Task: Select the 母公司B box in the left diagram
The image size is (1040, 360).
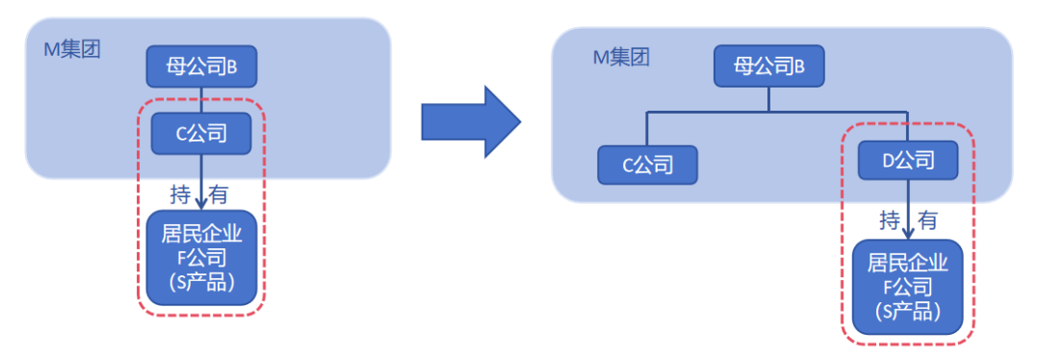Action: click(200, 66)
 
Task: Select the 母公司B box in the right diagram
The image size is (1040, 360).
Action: click(767, 67)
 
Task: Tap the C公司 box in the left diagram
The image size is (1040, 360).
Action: click(201, 133)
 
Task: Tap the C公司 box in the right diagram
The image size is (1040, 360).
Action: click(647, 165)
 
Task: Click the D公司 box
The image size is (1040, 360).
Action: click(908, 159)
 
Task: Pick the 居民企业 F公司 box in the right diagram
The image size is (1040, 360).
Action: click(908, 287)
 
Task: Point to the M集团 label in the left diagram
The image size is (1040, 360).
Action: click(72, 49)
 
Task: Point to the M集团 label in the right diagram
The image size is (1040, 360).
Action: click(621, 57)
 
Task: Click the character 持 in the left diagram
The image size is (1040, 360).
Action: click(180, 194)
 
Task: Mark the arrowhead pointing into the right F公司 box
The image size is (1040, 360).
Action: click(908, 231)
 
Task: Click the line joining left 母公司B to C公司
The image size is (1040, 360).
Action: click(200, 99)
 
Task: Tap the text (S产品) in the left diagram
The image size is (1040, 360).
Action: click(200, 283)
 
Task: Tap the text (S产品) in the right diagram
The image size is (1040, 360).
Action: click(908, 312)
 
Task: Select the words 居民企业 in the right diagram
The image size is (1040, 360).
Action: click(908, 263)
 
